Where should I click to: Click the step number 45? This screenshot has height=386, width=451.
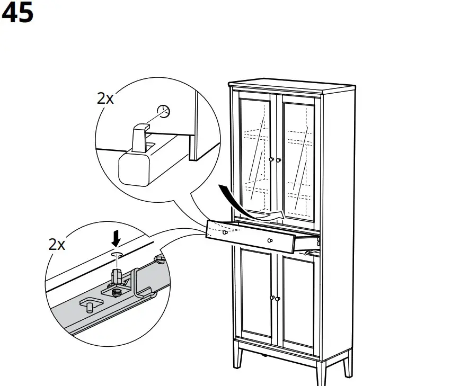coord(17,13)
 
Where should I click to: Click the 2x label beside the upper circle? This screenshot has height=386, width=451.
coord(105,98)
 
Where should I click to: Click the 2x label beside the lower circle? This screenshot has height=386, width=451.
coord(57,244)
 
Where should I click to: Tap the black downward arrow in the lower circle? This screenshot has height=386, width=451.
coord(117,239)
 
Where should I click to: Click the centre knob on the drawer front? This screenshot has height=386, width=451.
coord(270,241)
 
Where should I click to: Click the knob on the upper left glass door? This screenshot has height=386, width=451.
coord(271,159)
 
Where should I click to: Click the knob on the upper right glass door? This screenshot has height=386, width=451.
coord(278,160)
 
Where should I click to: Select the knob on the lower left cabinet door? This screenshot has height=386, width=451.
coord(272,299)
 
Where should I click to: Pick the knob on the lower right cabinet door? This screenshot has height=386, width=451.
coord(278,300)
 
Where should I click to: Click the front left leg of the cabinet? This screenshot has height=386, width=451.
coord(239,363)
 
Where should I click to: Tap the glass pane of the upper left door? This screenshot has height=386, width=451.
coord(255,154)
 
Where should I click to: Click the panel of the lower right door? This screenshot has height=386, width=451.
coord(297,299)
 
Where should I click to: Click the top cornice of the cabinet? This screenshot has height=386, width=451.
coord(291,85)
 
